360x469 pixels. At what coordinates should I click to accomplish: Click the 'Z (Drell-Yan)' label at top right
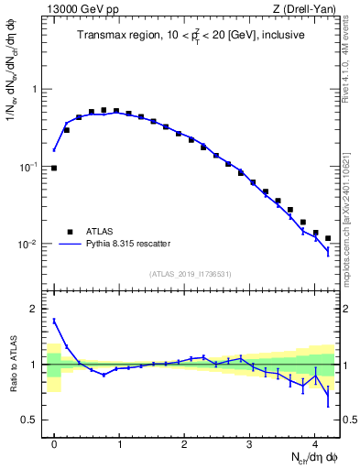click(x=307, y=10)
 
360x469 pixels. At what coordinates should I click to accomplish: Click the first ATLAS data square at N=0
click(x=54, y=169)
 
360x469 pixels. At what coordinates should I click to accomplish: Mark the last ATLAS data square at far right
click(x=328, y=238)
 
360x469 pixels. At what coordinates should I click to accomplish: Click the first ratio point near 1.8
click(x=54, y=321)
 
